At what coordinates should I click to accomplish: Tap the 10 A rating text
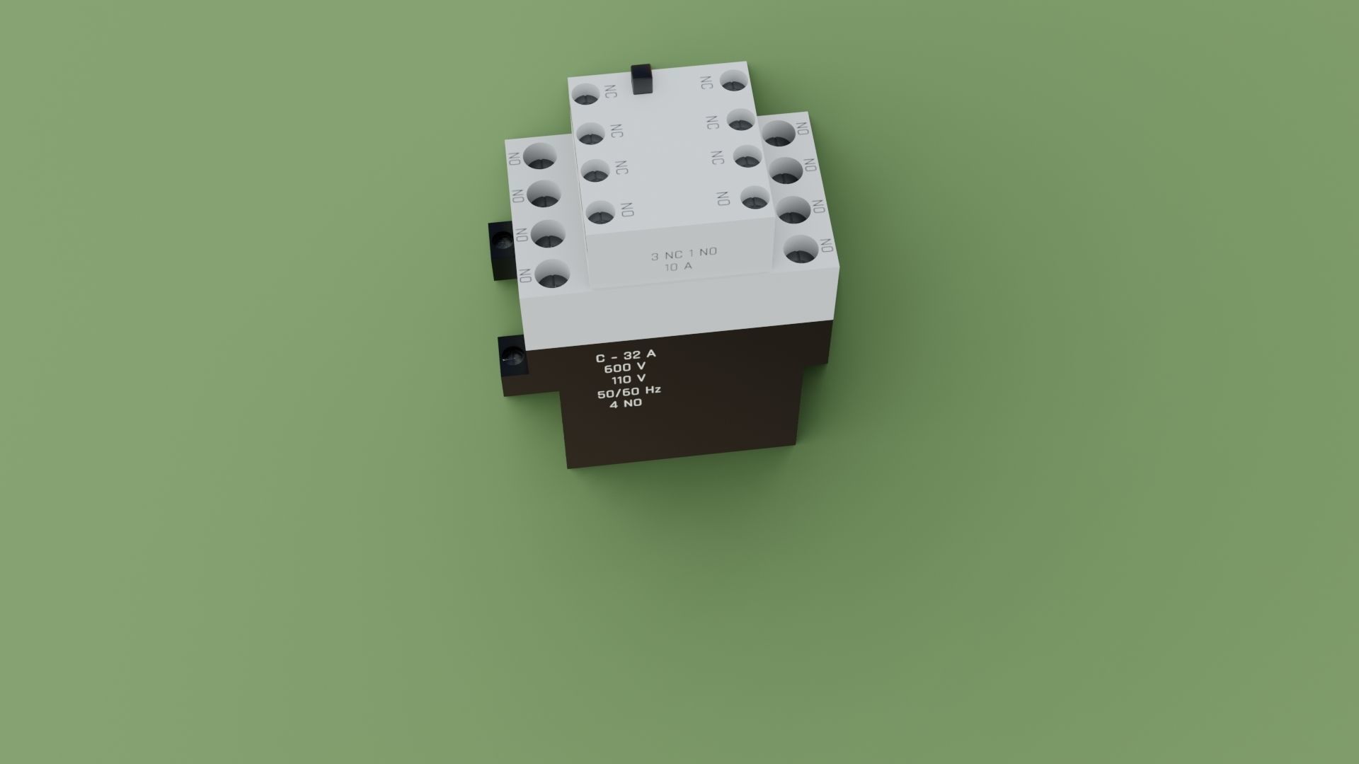pos(678,267)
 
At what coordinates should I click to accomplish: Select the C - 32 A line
pos(626,355)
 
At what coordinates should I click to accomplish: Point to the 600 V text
pos(624,367)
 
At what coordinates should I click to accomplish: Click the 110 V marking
pos(629,379)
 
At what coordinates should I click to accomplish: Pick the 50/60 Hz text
pos(629,391)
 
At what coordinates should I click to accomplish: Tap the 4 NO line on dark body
pos(626,403)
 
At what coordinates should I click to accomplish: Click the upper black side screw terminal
pos(503,243)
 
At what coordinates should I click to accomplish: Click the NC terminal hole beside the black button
pos(586,95)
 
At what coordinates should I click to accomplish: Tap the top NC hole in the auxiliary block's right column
pos(734,81)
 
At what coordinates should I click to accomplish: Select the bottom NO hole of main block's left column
pos(554,274)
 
